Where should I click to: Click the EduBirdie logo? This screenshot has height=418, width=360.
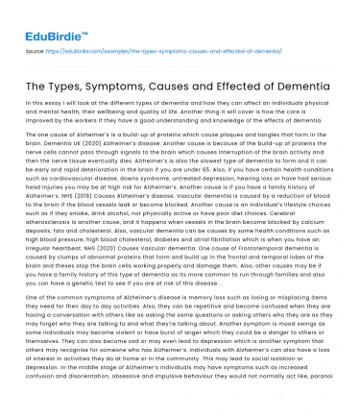click(x=42, y=17)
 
